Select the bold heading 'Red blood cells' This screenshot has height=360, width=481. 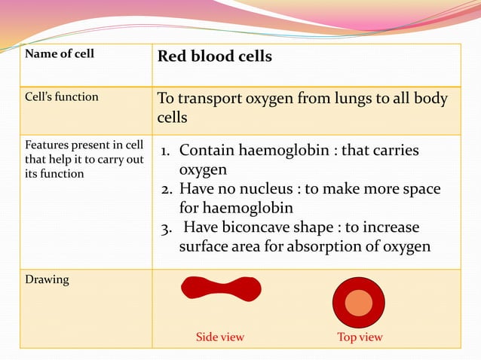click(x=214, y=56)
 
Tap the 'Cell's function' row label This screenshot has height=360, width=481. click(x=60, y=97)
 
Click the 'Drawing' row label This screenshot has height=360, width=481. click(x=47, y=279)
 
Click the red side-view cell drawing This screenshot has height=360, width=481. click(x=221, y=288)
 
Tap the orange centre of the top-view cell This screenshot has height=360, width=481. click(x=359, y=302)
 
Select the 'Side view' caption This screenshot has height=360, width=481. click(x=220, y=337)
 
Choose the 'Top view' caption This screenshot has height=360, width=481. click(x=360, y=337)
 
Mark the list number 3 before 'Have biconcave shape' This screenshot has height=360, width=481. click(x=167, y=227)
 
